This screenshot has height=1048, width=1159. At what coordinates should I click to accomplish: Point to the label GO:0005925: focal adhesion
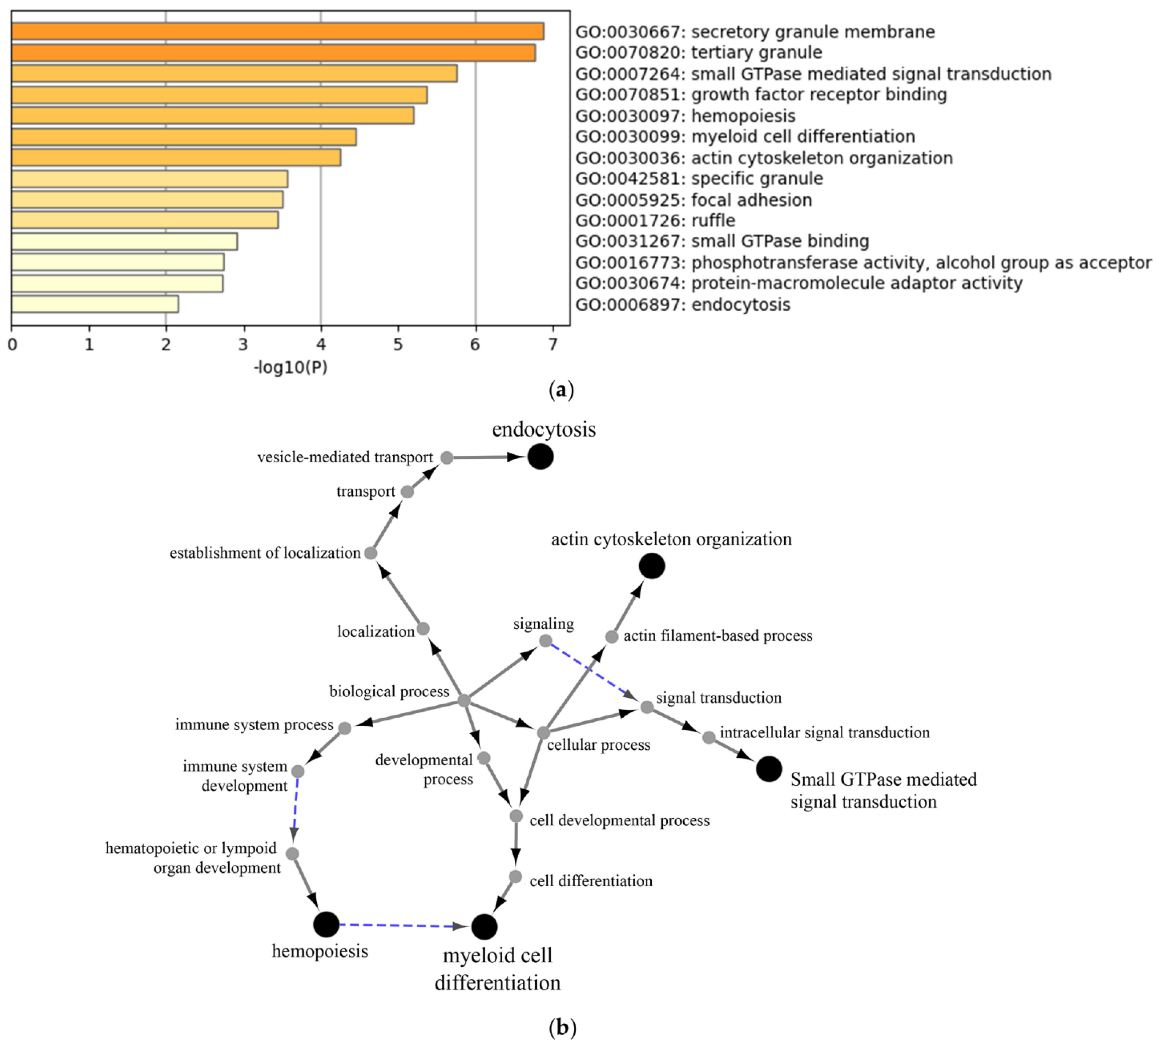pyautogui.click(x=694, y=200)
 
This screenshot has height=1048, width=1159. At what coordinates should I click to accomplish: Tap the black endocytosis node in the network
pyautogui.click(x=540, y=457)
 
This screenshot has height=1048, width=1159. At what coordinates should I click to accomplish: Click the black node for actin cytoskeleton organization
pyautogui.click(x=652, y=566)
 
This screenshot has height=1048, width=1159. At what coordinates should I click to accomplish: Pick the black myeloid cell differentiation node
pyautogui.click(x=484, y=927)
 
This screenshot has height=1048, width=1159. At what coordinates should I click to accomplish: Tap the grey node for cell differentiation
pyautogui.click(x=516, y=877)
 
